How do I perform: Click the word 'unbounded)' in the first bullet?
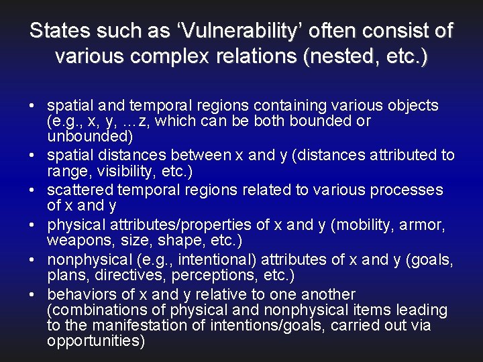click(90, 136)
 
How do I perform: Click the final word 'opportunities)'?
click(95, 341)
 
